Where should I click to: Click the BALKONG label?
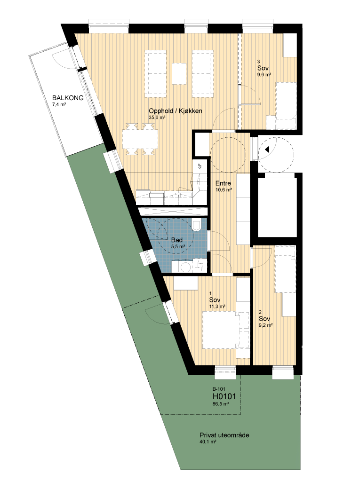click(x=68, y=98)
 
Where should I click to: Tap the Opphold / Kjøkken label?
click(x=176, y=111)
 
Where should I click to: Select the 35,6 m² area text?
click(x=157, y=118)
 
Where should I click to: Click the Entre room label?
click(x=223, y=183)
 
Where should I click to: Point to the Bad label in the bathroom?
click(x=177, y=240)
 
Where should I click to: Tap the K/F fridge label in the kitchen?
click(x=200, y=167)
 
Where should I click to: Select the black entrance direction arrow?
click(x=267, y=150)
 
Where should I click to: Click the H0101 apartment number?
click(x=224, y=396)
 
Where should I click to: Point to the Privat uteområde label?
click(x=224, y=435)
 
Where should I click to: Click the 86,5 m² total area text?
click(x=221, y=404)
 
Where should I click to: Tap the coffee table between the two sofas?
click(x=179, y=73)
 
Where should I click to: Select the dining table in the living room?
click(x=140, y=139)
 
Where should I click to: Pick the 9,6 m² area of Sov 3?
click(x=264, y=75)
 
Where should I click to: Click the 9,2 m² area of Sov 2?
click(x=266, y=325)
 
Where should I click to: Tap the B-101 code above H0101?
click(x=219, y=389)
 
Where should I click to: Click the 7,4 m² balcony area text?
click(x=59, y=104)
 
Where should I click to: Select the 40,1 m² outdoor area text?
click(x=208, y=442)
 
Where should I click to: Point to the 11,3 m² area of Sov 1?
click(x=217, y=307)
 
